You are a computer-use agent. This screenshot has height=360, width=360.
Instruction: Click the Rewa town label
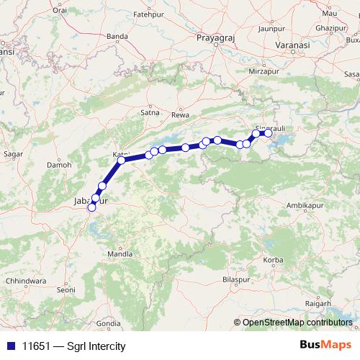click(180, 114)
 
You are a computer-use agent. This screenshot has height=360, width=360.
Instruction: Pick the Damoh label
click(59, 164)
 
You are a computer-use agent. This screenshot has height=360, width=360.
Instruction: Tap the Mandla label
click(120, 254)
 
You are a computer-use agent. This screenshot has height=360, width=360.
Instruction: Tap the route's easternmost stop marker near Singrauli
click(268, 133)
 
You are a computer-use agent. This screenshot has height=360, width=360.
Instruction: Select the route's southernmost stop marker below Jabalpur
click(91, 208)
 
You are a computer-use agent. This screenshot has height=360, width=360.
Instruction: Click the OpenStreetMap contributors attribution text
click(297, 323)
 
